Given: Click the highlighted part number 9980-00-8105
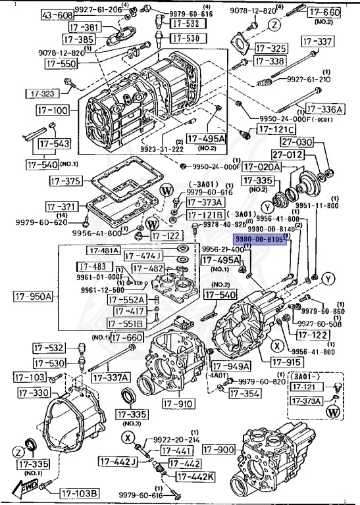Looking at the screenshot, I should click(259, 241).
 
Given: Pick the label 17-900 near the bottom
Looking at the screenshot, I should click(217, 449).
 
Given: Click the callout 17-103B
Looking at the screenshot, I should click(80, 493).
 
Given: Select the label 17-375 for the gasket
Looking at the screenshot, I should click(64, 180).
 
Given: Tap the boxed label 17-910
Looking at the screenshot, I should click(177, 403).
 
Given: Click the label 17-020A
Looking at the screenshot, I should click(262, 167).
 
